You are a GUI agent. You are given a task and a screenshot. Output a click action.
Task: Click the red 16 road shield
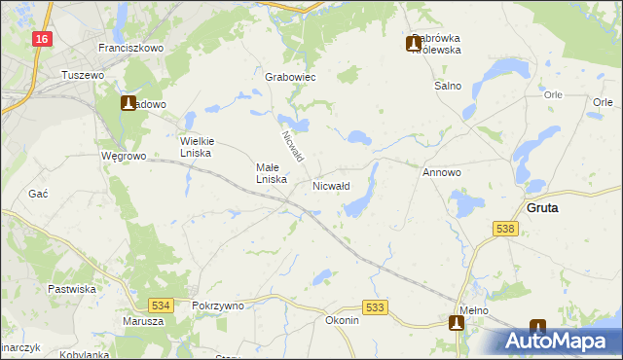click(x=40, y=38)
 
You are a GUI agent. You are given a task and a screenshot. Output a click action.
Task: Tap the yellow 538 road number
click(x=504, y=229)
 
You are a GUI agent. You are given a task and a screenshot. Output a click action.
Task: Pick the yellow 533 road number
click(x=377, y=306)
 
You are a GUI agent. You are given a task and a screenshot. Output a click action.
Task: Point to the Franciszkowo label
click(x=129, y=47)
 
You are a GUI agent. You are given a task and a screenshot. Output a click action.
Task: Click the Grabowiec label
click(x=290, y=77)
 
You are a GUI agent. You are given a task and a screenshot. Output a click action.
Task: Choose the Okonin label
click(x=342, y=320)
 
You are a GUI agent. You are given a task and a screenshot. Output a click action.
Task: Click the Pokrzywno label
click(x=218, y=305)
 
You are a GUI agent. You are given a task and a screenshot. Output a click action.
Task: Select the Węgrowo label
click(x=123, y=155)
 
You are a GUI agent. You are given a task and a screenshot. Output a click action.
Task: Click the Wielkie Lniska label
click(x=203, y=145)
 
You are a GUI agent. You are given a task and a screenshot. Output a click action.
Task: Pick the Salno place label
click(x=447, y=86)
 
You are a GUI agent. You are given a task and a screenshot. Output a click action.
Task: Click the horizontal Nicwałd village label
click(x=331, y=184)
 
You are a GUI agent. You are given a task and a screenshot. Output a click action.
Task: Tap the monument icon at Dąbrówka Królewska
click(x=414, y=43)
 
